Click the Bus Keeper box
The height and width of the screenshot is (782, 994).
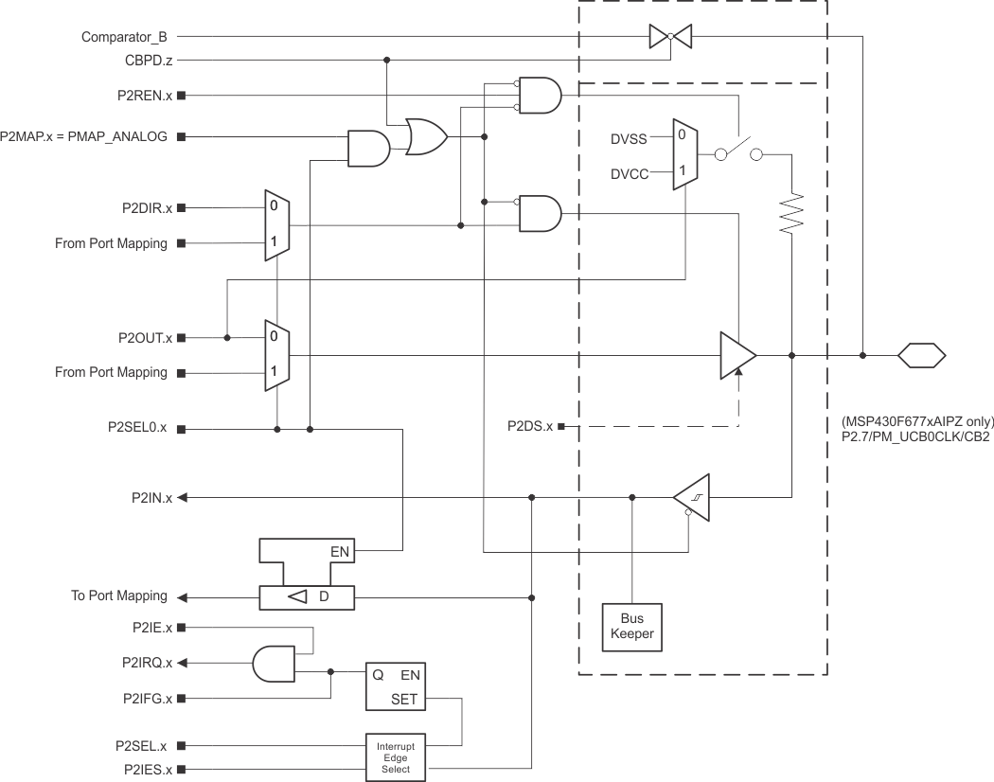[632, 626]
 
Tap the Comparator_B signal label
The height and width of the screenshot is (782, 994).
[125, 37]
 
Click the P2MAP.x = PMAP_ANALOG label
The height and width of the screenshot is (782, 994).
[84, 136]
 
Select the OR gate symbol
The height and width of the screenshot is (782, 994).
[426, 137]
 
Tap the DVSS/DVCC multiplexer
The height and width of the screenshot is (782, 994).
[684, 154]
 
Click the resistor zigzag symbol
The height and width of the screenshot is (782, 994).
[792, 213]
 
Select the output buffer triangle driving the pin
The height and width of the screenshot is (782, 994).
[737, 355]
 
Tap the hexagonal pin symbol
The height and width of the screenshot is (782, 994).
[921, 356]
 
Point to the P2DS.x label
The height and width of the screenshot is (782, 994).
[530, 427]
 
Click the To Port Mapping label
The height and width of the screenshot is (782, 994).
[119, 596]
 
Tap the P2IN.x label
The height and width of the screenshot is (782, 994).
[151, 498]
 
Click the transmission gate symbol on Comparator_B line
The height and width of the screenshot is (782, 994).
[670, 37]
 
